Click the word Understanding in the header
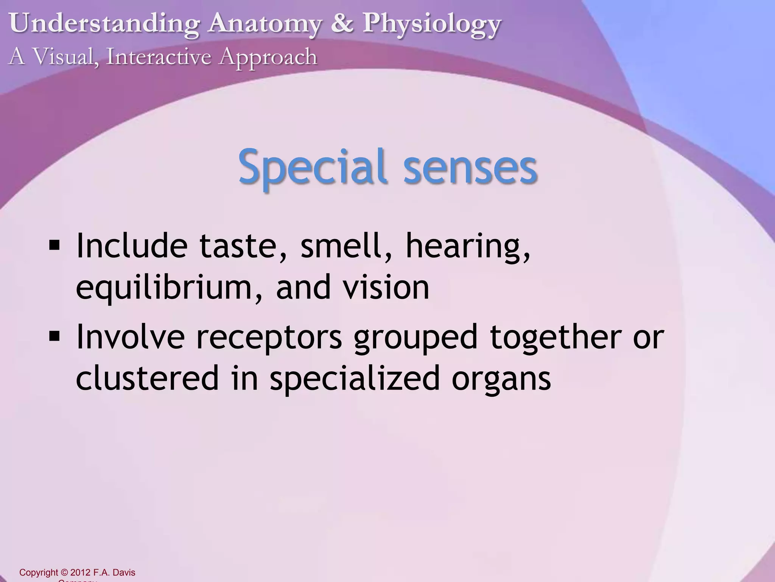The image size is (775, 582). tap(104, 23)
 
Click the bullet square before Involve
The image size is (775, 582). tap(54, 336)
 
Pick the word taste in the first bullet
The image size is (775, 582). tap(243, 246)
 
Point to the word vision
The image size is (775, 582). tap(386, 287)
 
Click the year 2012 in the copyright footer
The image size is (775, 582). tap(80, 573)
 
